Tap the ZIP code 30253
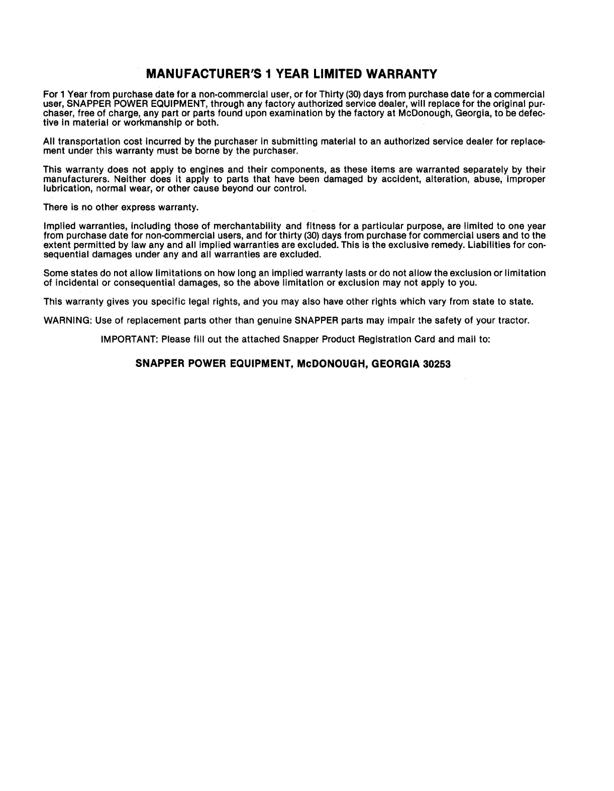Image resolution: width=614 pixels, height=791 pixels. [436, 364]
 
